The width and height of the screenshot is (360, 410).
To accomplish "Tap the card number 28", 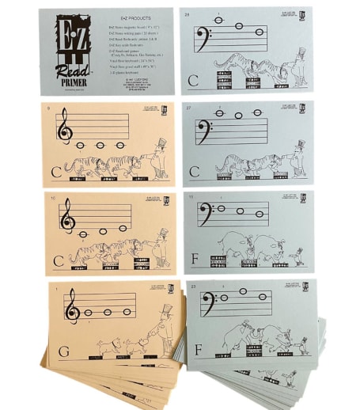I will (x=186, y=14).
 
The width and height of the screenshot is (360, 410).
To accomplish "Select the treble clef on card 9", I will (x=64, y=128).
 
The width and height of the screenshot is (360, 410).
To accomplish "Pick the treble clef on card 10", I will (x=68, y=217).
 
